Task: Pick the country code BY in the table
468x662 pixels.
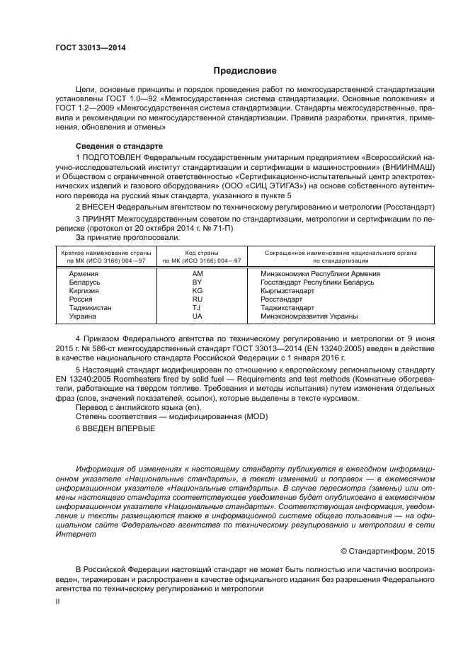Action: click(197, 282)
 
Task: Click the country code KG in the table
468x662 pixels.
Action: click(197, 290)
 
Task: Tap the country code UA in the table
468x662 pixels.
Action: click(197, 316)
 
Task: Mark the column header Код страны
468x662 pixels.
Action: click(197, 253)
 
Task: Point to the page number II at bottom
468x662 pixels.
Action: click(58, 600)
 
